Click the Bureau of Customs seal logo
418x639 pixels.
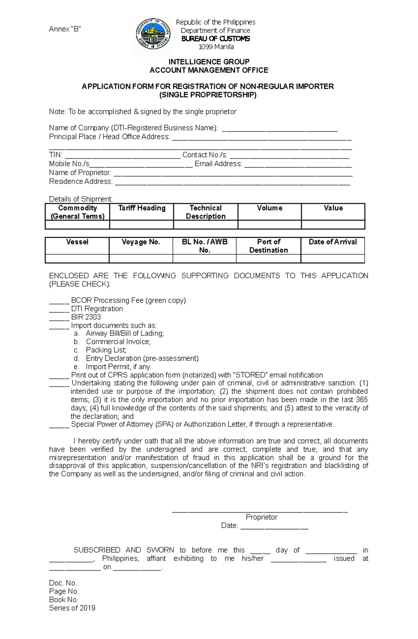coord(153,36)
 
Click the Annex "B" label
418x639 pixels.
coord(65,29)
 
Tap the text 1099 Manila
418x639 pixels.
coord(216,47)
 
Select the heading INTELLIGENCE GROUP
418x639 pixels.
coord(209,62)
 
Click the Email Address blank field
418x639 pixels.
coord(298,164)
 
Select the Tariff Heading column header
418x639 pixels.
coord(142,208)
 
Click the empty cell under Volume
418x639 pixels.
coord(269,225)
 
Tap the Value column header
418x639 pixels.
coord(333,208)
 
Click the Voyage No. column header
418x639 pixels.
coord(141,242)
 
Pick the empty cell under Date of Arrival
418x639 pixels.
coord(333,259)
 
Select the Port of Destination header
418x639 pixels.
coord(269,246)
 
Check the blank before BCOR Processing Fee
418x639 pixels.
coord(59,301)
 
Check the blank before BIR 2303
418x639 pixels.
coord(59,318)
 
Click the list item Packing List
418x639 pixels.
coord(106,350)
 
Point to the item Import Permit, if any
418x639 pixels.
coord(118,367)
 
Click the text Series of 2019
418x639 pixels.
coord(72,608)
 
